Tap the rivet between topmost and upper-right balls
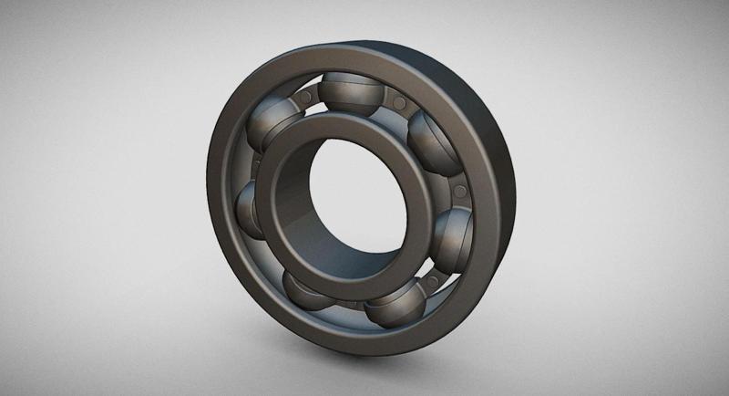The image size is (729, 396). point(395,97)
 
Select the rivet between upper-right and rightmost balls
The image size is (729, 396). point(459,190)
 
